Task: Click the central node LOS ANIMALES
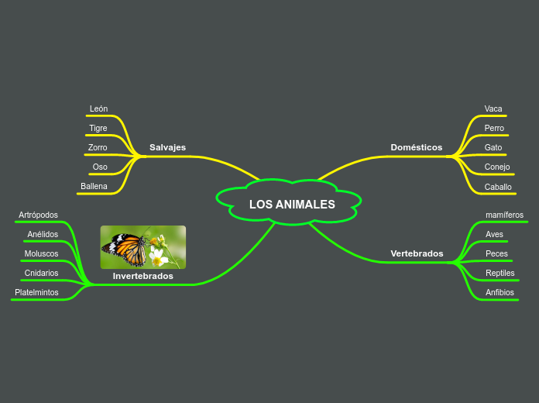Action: pyautogui.click(x=292, y=205)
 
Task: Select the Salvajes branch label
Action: pyautogui.click(x=167, y=147)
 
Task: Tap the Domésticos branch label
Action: pyautogui.click(x=416, y=147)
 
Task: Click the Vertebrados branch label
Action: pyautogui.click(x=417, y=253)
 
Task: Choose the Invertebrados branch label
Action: pyautogui.click(x=142, y=276)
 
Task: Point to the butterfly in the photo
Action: pyautogui.click(x=126, y=249)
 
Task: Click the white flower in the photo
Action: pyautogui.click(x=158, y=255)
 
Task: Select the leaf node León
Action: pyautogui.click(x=98, y=108)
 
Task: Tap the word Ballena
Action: pyautogui.click(x=94, y=186)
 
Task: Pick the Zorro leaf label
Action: pyautogui.click(x=98, y=147)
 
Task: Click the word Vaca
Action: pyautogui.click(x=493, y=108)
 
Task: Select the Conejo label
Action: pyautogui.click(x=497, y=167)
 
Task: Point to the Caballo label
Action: pyautogui.click(x=498, y=187)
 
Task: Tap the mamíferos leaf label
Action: pyautogui.click(x=504, y=215)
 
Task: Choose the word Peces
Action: pyautogui.click(x=496, y=253)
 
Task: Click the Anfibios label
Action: pyautogui.click(x=500, y=292)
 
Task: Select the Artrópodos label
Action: pyautogui.click(x=38, y=215)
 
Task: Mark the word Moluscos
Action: pyautogui.click(x=41, y=253)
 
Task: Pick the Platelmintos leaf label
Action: pyautogui.click(x=36, y=292)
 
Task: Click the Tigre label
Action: pyautogui.click(x=98, y=128)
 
